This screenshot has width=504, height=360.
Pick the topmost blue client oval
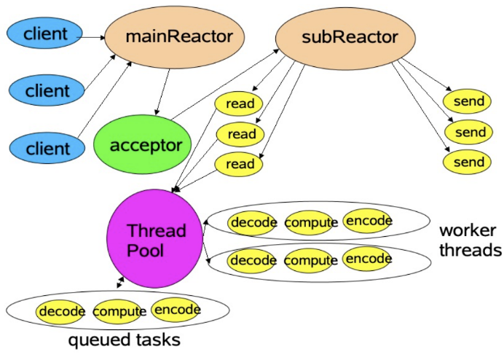pyautogui.click(x=44, y=33)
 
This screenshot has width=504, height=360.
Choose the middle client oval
pyautogui.click(x=47, y=91)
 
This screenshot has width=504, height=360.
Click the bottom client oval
pyautogui.click(x=47, y=149)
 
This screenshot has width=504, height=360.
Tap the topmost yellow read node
pyautogui.click(x=240, y=104)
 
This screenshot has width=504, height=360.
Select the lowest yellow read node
pyautogui.click(x=240, y=164)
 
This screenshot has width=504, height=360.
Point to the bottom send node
pyautogui.click(x=469, y=162)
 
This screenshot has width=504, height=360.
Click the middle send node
pyautogui.click(x=469, y=132)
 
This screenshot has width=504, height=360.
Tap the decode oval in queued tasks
pyautogui.click(x=62, y=312)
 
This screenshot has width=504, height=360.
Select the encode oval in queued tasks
pyautogui.click(x=177, y=310)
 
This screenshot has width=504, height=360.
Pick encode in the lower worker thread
pyautogui.click(x=369, y=258)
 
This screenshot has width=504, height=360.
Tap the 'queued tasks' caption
pyautogui.click(x=124, y=340)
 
